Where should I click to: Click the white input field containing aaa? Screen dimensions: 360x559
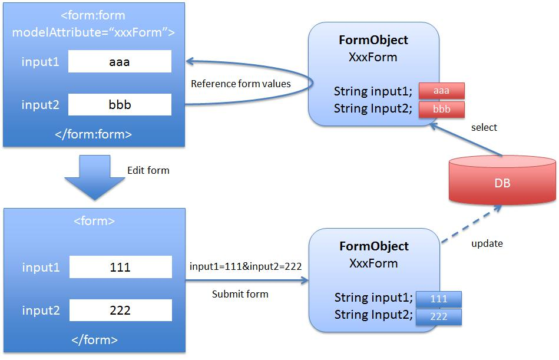[120, 61]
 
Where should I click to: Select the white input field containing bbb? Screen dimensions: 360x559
[120, 104]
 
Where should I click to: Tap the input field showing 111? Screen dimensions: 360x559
[120, 267]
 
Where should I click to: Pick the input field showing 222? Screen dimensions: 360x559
[120, 310]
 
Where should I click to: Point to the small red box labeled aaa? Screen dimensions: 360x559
[442, 91]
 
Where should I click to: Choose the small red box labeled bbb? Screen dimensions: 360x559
[442, 110]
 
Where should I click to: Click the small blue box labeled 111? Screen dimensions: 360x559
[439, 299]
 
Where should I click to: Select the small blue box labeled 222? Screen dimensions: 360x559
[439, 316]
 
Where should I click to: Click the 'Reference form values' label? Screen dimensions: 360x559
[240, 84]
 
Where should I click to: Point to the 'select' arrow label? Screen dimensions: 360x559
[484, 127]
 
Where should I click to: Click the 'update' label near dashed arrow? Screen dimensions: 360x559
[487, 243]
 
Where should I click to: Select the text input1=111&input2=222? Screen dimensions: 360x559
[246, 266]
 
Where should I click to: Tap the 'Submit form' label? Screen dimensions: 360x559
[240, 293]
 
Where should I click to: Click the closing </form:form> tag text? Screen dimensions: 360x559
[93, 134]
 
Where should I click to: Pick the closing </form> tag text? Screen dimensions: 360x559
[94, 339]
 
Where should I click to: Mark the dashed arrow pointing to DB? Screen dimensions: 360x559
[472, 224]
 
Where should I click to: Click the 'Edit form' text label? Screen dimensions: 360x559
[148, 170]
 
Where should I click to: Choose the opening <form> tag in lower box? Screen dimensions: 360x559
[94, 222]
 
